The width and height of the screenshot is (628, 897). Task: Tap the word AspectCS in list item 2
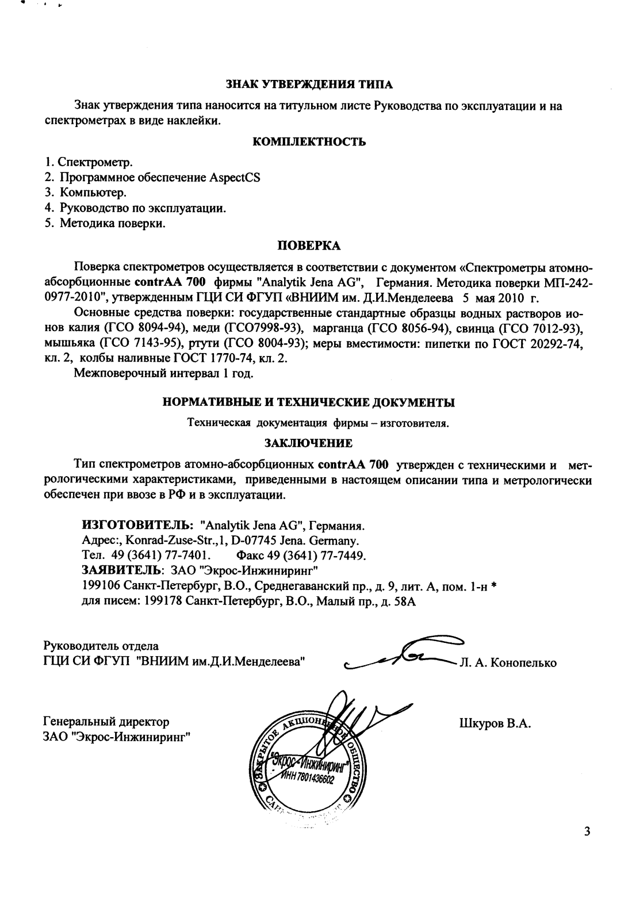click(x=236, y=178)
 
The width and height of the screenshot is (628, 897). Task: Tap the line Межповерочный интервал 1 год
click(x=164, y=374)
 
